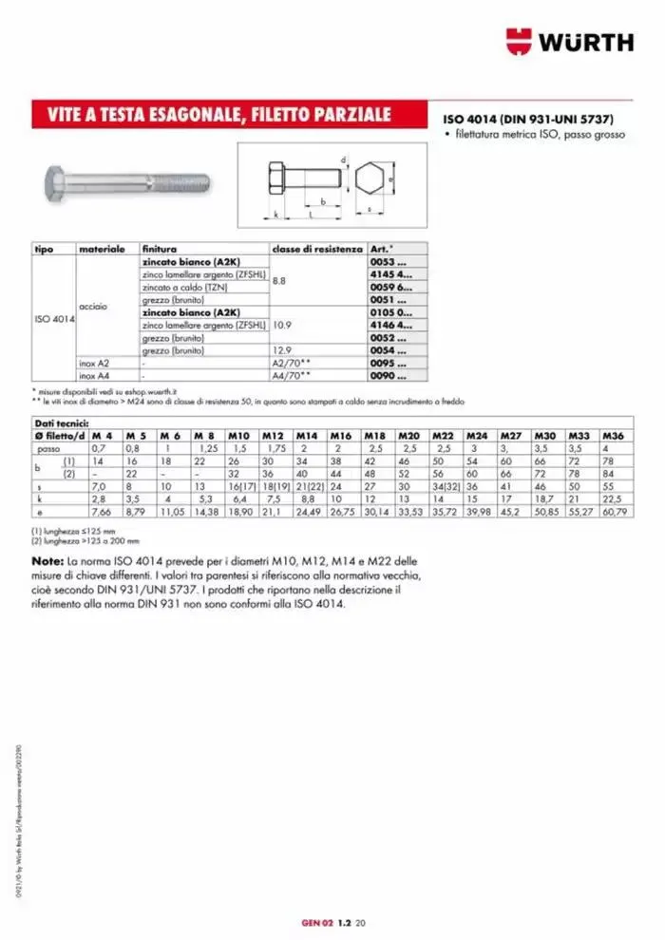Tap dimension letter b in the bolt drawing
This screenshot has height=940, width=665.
click(x=324, y=201)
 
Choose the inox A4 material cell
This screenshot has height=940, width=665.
click(x=93, y=376)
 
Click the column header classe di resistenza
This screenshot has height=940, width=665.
click(x=316, y=249)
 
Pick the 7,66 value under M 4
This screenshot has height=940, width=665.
click(x=101, y=513)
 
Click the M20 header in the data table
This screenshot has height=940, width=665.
click(x=409, y=434)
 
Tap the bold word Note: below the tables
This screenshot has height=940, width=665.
click(x=47, y=562)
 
